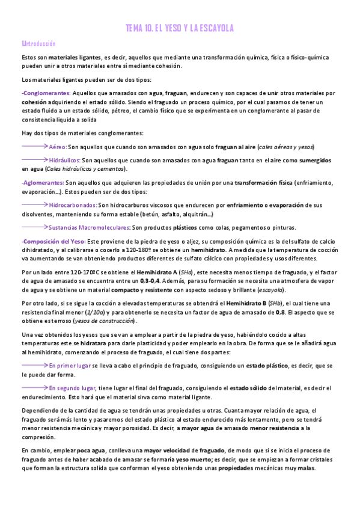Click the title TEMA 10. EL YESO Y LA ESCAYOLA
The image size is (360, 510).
[180, 28]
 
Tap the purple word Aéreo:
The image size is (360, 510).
[58, 147]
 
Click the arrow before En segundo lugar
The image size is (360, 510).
[34, 387]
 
